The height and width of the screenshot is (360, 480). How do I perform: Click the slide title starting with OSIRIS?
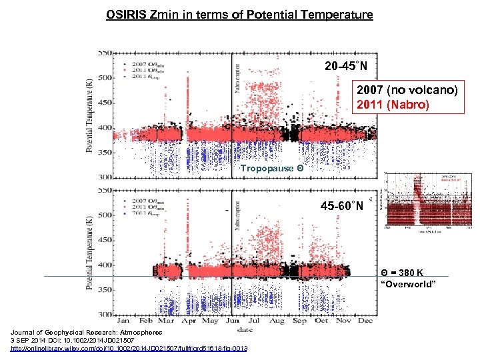(x=239, y=14)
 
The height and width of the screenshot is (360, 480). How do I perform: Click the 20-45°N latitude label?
(x=350, y=66)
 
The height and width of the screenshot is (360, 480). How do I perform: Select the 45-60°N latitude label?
(x=342, y=205)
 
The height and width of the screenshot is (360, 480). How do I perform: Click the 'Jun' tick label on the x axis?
(x=233, y=321)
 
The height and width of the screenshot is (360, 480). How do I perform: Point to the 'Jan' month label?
(x=123, y=321)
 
